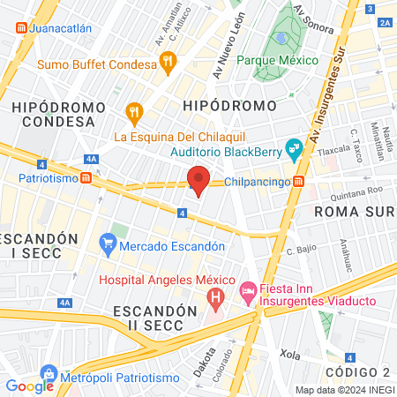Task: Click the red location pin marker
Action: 198,179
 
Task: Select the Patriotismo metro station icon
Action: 86,177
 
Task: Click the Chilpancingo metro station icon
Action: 299,182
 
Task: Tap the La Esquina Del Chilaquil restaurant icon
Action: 134,112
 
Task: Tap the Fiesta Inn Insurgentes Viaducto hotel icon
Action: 249,290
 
